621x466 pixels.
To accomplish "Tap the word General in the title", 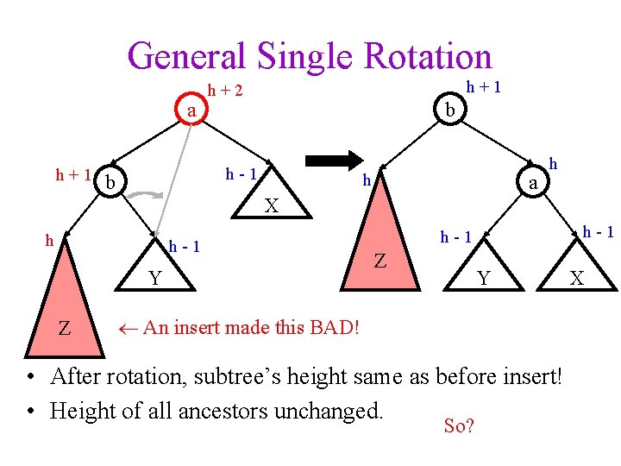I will pyautogui.click(x=185, y=57).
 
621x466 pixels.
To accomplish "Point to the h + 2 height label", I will pyautogui.click(x=225, y=90).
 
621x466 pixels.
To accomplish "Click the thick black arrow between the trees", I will pyautogui.click(x=336, y=161).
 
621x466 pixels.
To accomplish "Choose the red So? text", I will pyautogui.click(x=458, y=425).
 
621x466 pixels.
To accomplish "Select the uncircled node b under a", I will pyautogui.click(x=110, y=183).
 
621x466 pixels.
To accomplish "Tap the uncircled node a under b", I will pyautogui.click(x=534, y=182).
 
